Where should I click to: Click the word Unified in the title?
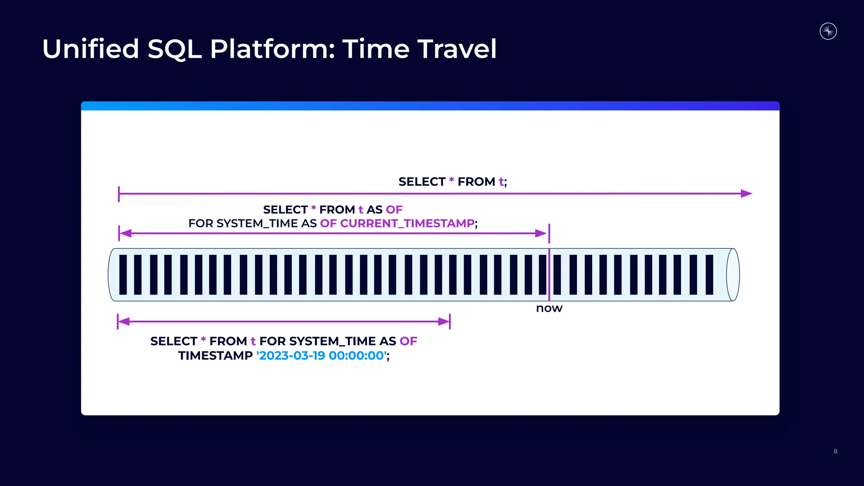91,49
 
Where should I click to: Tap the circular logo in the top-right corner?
828,31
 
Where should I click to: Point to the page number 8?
835,451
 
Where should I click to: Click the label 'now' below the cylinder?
549,308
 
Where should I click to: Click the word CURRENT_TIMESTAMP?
407,224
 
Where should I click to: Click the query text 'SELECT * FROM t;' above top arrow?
453,182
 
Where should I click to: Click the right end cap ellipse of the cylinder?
733,275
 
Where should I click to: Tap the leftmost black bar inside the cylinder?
123,275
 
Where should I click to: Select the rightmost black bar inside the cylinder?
709,275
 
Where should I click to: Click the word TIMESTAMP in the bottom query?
215,356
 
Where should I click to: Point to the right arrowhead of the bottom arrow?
444,322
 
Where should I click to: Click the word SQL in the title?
174,49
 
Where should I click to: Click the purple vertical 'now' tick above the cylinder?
549,234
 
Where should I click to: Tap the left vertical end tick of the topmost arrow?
119,194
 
